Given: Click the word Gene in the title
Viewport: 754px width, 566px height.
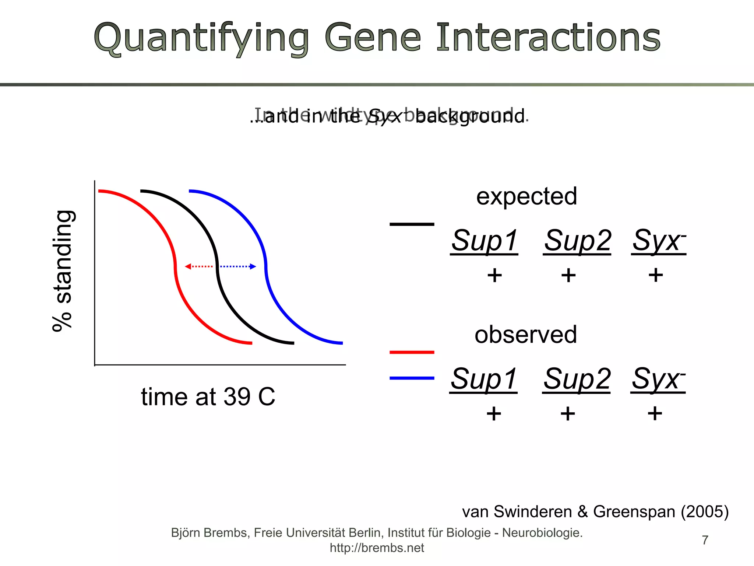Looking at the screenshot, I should point(373,38).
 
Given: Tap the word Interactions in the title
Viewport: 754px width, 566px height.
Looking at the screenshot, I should point(549,38).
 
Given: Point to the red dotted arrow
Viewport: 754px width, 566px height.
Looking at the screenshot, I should point(199,266).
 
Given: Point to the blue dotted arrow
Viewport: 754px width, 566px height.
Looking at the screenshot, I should point(238,266).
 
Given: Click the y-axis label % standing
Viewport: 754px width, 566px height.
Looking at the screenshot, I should point(63,271).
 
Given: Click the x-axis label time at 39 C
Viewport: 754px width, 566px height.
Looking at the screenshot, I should point(208,397).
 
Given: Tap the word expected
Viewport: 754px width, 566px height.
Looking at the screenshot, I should point(526,196).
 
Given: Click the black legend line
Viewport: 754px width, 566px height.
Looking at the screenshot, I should point(412,224).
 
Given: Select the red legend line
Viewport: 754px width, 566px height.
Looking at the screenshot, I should point(412,352).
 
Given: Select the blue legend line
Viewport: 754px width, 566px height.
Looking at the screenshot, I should point(412,378).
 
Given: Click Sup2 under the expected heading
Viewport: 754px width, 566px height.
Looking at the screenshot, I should point(577,240).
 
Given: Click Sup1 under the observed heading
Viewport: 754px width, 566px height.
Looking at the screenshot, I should point(483,379).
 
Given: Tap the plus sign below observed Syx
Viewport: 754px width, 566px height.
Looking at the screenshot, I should point(655,413).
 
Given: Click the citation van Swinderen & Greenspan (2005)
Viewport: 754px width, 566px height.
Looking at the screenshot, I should point(595,512).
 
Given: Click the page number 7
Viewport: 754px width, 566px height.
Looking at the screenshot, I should point(705,540).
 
